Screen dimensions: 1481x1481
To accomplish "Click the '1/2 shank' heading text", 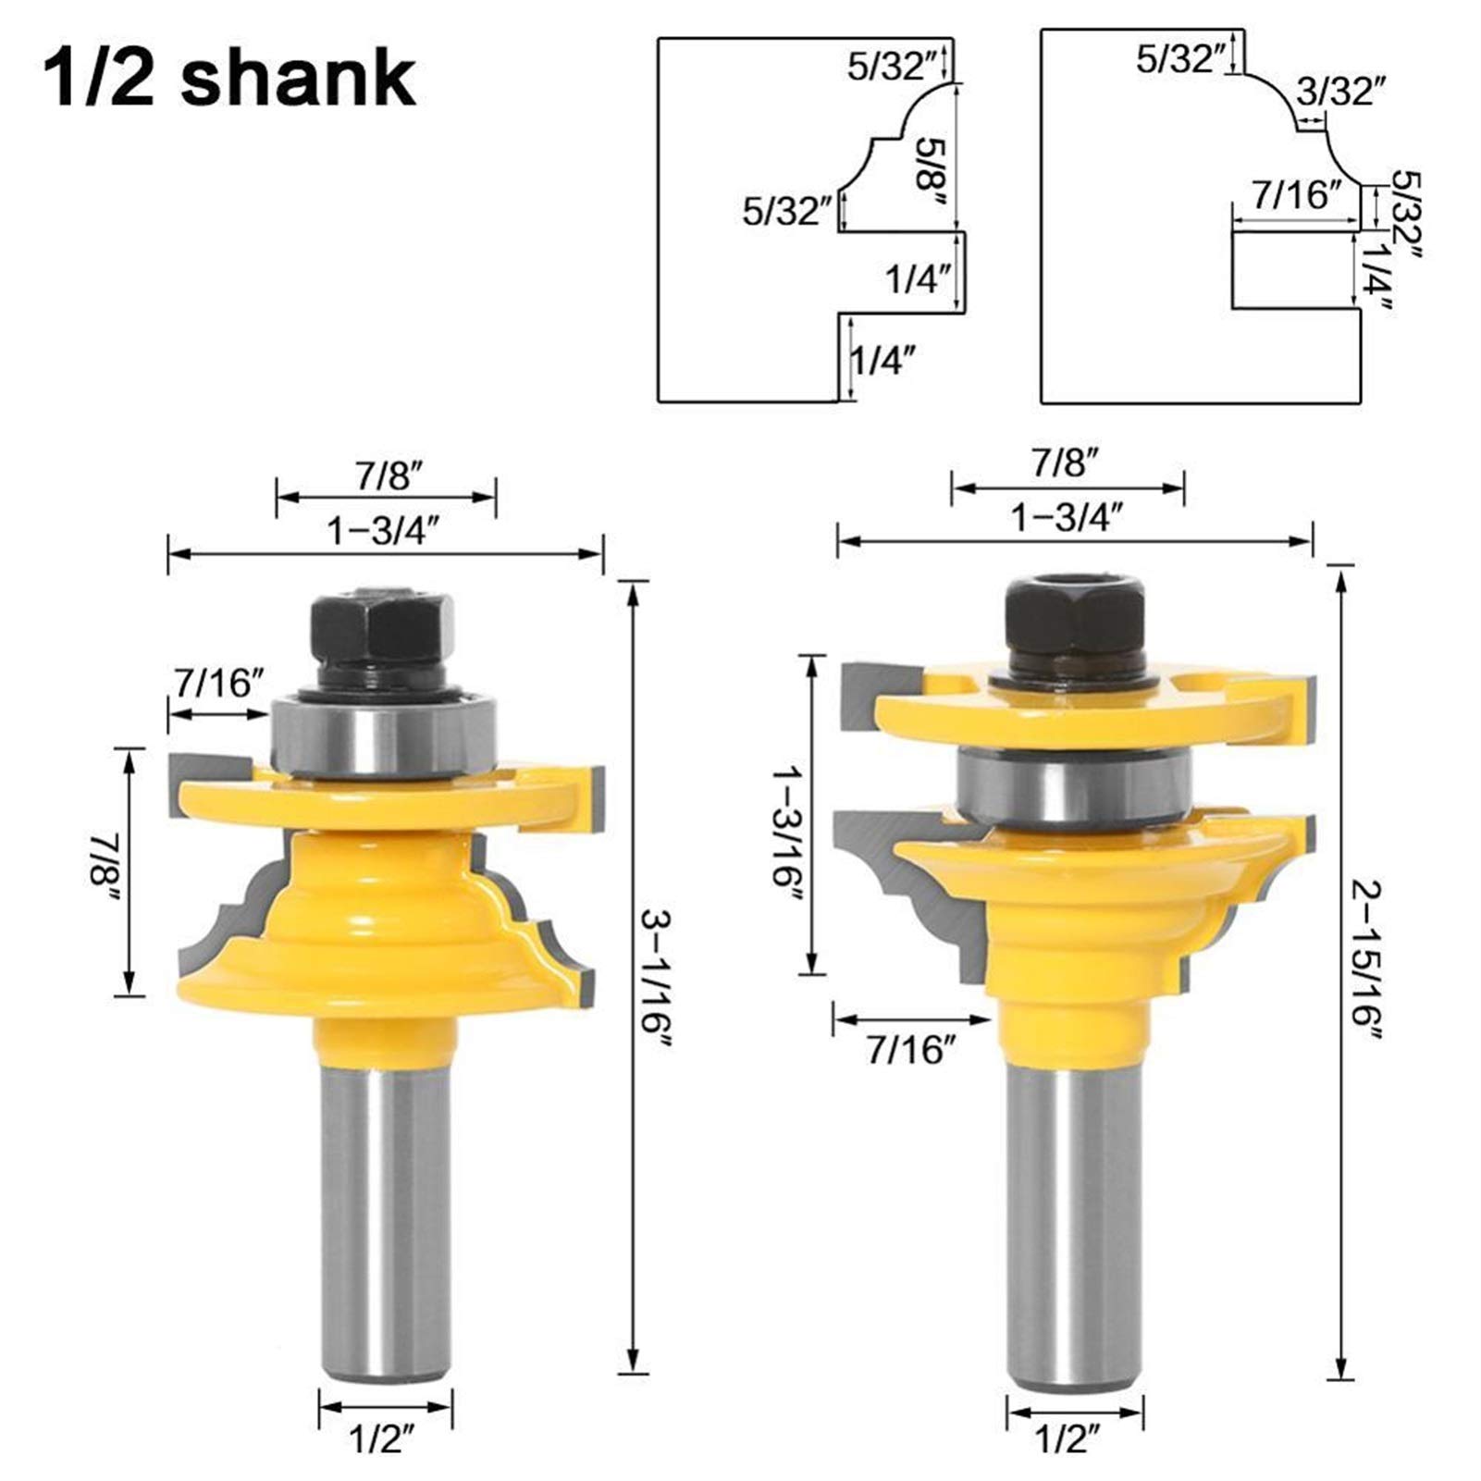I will click(x=228, y=79).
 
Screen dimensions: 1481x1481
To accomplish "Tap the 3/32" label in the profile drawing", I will click(x=1341, y=92).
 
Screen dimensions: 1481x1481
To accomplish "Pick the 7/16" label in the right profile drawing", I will click(x=1297, y=195).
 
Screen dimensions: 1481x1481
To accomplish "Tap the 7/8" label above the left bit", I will click(x=386, y=477).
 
